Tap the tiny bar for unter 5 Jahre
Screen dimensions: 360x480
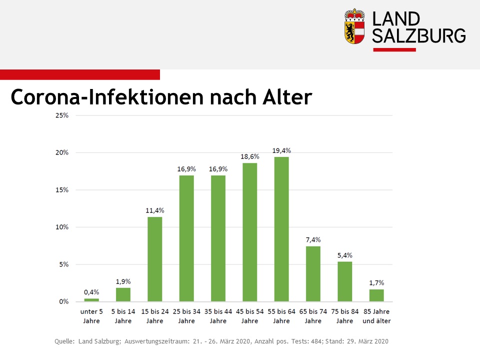tap(91, 300)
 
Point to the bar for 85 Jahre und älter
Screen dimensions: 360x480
tap(376, 295)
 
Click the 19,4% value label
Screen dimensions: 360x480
tap(281, 150)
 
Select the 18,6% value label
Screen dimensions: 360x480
tap(250, 156)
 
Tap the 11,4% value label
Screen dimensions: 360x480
tap(154, 210)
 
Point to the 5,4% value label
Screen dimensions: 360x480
tap(345, 255)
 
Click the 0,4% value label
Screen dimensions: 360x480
tap(91, 292)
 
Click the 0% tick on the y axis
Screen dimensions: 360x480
tap(64, 301)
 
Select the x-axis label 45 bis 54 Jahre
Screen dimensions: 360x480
tap(250, 316)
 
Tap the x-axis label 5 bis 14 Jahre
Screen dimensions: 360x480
tap(123, 316)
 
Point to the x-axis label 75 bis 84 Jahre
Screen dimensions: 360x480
tap(345, 316)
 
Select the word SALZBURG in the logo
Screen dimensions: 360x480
tap(419, 35)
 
